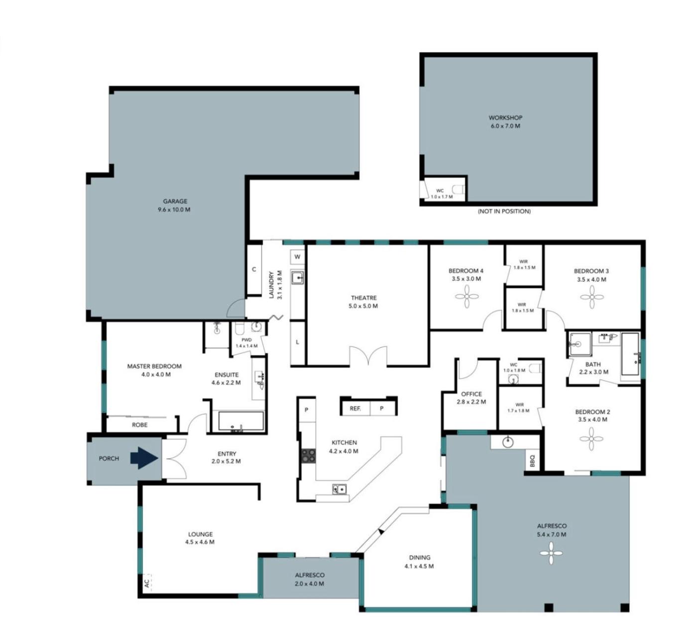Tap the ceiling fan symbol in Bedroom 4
coord(466,297)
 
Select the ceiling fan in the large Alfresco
coord(551,553)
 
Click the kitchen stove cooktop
coord(308,455)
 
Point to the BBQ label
coord(532,461)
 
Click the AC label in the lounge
coord(146,583)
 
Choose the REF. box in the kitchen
coord(355,409)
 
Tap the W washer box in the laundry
coord(297,257)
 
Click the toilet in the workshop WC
coord(460,190)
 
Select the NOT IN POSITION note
coord(504,211)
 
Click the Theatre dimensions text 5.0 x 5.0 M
coord(363,306)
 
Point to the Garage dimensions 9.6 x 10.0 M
coord(174,209)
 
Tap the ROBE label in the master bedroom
coord(139,424)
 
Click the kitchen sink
coord(340,489)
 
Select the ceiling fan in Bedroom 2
coord(591,439)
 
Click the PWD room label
coord(246,340)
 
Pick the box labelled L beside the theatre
coord(297,342)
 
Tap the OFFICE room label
coord(471,394)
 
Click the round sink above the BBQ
coord(507,442)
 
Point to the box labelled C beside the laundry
coord(254,269)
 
